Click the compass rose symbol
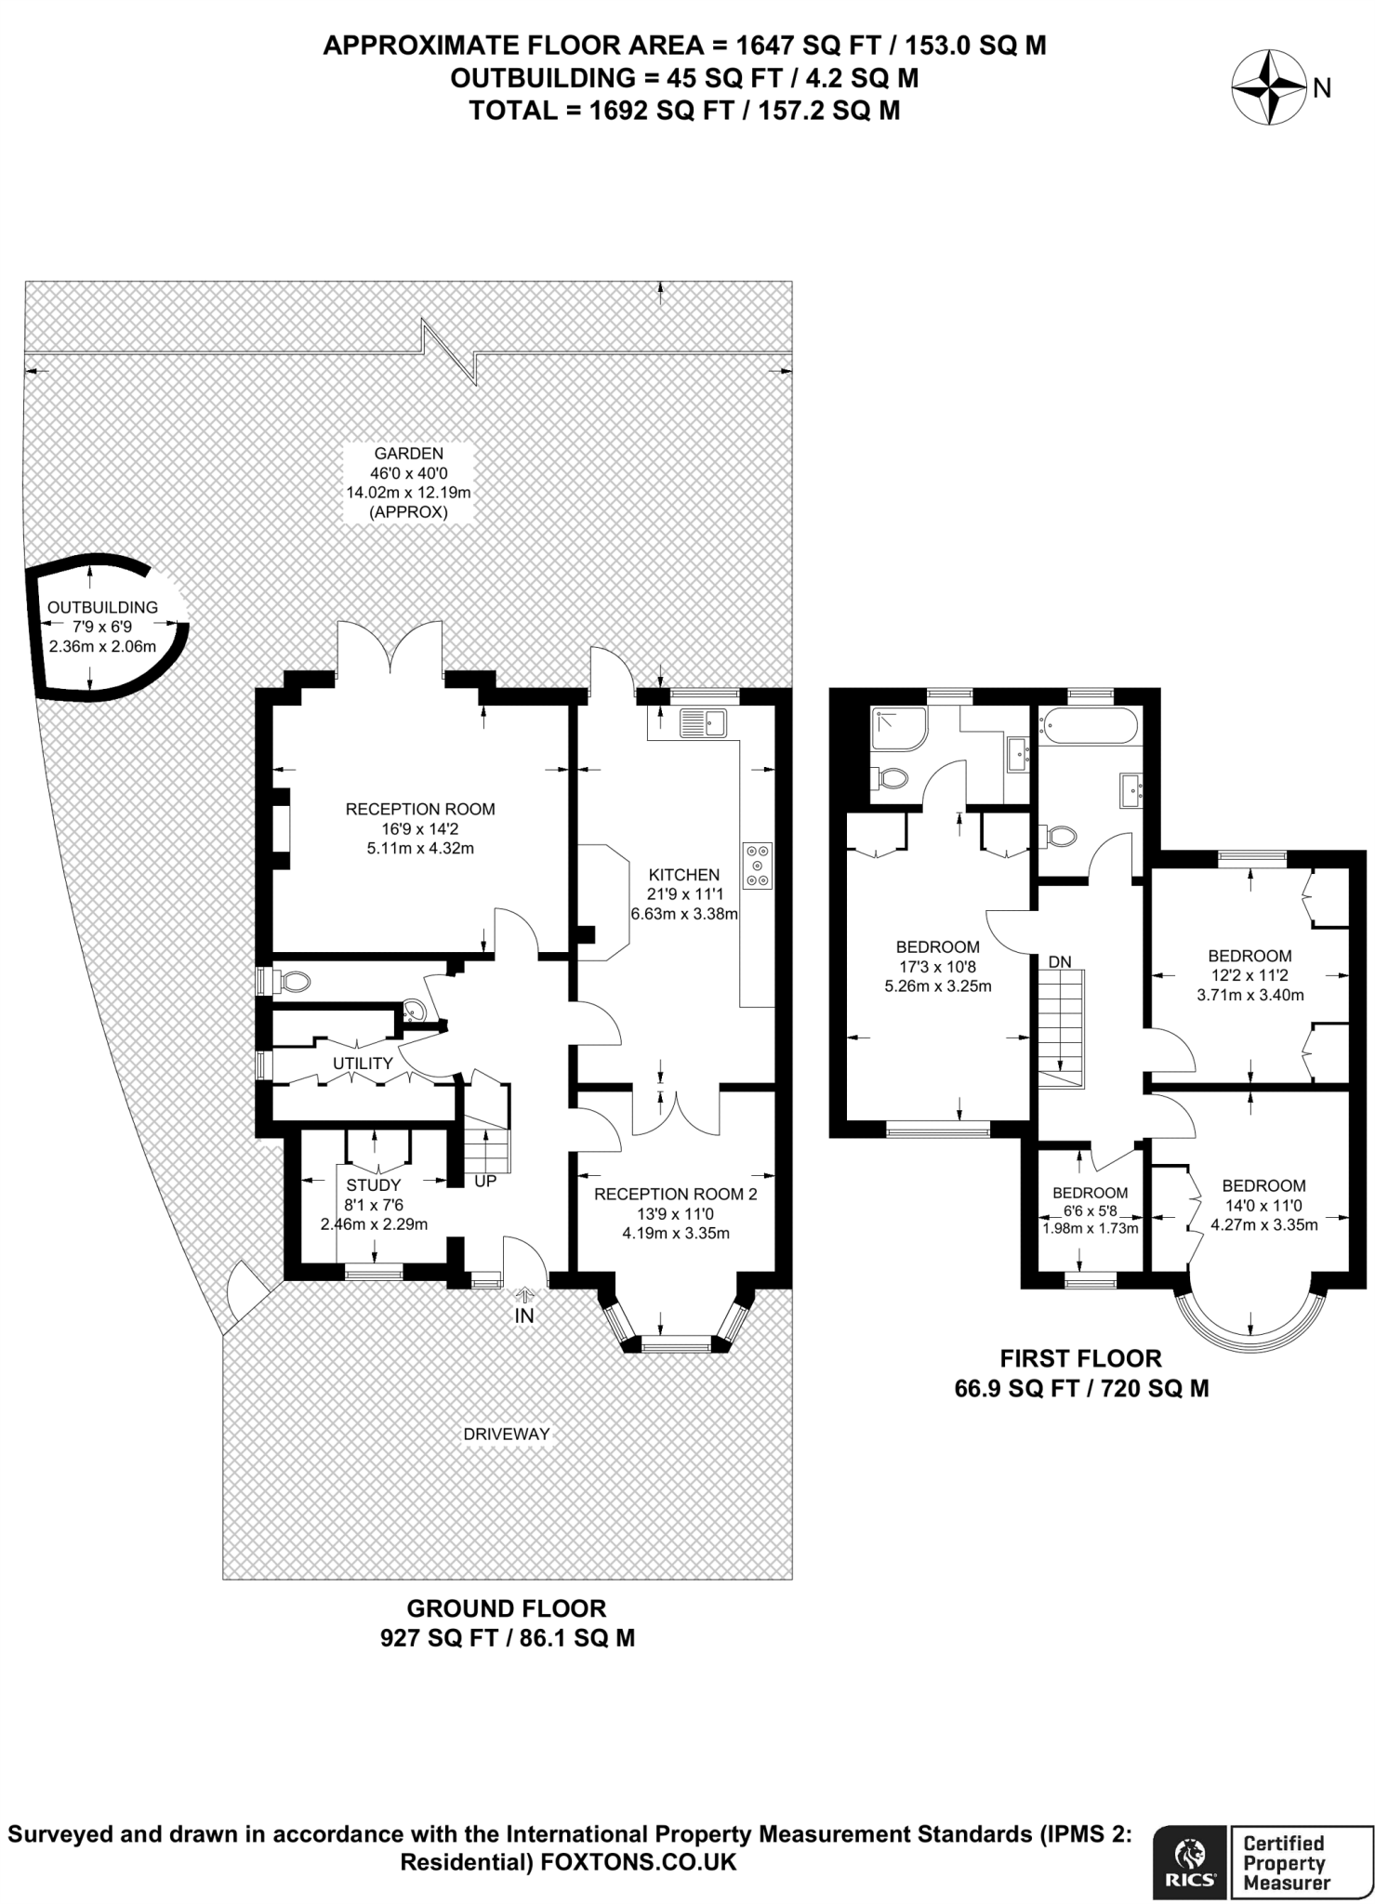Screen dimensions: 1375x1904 pyautogui.click(x=1268, y=88)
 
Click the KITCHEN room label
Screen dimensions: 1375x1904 pyautogui.click(x=684, y=875)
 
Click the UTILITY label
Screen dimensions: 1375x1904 pyautogui.click(x=364, y=1063)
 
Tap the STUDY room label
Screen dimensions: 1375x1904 pyautogui.click(x=374, y=1184)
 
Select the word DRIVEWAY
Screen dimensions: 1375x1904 pyautogui.click(x=507, y=1434)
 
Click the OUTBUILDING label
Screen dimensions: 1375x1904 pyautogui.click(x=102, y=607)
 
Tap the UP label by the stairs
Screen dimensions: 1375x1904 pyautogui.click(x=485, y=1182)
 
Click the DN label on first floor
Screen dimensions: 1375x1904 pyautogui.click(x=1060, y=962)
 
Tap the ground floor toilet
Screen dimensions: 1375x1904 pyautogui.click(x=289, y=981)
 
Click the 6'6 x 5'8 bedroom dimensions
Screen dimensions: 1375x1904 pyautogui.click(x=1091, y=1210)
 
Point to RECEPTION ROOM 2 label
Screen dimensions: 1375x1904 pyautogui.click(x=676, y=1194)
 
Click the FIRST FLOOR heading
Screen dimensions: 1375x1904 pyautogui.click(x=1081, y=1358)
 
